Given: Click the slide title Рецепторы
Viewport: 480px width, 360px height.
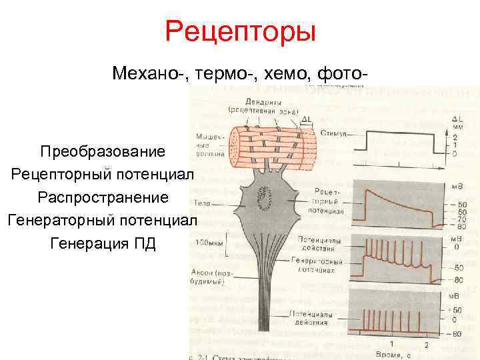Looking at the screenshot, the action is [x=240, y=32].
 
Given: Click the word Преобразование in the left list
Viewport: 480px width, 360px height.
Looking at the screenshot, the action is [x=102, y=151].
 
